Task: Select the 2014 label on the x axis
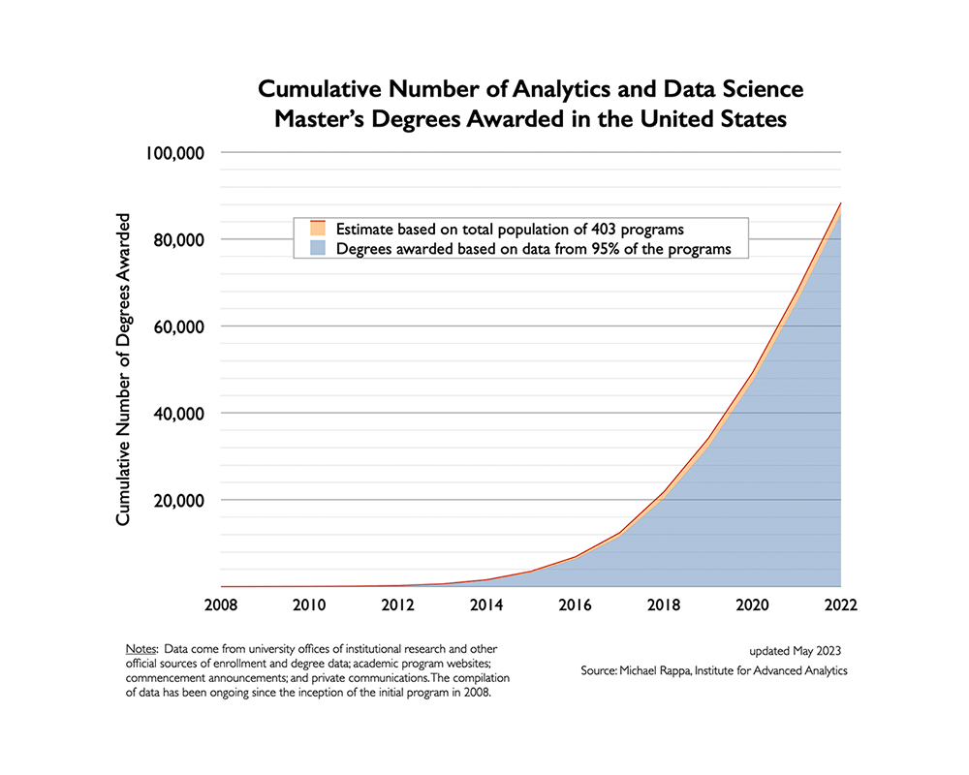click(x=485, y=605)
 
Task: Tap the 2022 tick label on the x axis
click(x=839, y=605)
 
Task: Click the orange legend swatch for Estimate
click(x=316, y=230)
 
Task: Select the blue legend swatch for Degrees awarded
click(x=316, y=249)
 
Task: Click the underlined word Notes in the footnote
click(x=142, y=647)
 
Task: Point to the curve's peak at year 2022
click(x=840, y=203)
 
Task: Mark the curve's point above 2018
click(x=663, y=492)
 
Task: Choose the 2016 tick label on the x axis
click(x=575, y=605)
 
